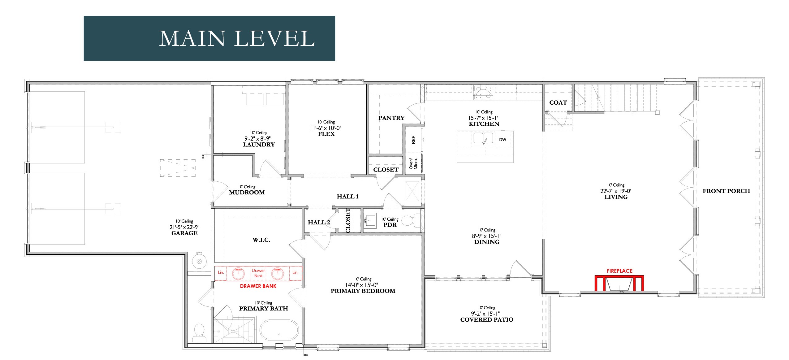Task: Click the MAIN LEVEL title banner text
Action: (x=237, y=38)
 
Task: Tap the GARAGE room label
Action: (x=184, y=233)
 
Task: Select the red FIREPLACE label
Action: (x=619, y=271)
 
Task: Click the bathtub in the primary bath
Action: (x=279, y=330)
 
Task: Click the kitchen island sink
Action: (x=483, y=139)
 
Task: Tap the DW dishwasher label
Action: (x=502, y=140)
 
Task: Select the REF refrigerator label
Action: (x=413, y=140)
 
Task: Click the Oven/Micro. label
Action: (x=413, y=163)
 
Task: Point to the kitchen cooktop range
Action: (x=483, y=92)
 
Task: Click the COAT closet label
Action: (x=558, y=102)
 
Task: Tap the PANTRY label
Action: (x=391, y=118)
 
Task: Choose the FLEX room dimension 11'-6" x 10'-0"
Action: (x=326, y=128)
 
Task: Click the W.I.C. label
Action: (x=261, y=240)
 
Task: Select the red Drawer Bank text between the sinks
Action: (x=258, y=273)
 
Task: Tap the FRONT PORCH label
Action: (x=726, y=191)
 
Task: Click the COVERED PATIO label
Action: (x=487, y=319)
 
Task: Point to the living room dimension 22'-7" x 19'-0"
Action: (x=616, y=191)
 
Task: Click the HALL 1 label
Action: (x=348, y=197)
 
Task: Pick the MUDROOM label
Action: (x=247, y=192)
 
